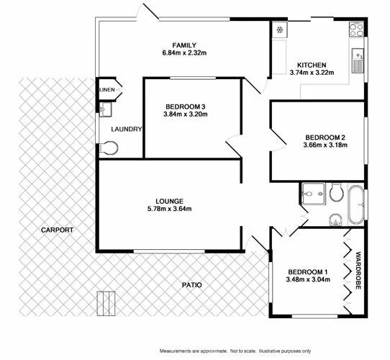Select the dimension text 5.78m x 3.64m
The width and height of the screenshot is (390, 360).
[x=169, y=210]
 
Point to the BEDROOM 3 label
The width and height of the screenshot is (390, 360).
[x=186, y=105]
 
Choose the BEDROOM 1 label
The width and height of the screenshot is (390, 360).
[x=307, y=271]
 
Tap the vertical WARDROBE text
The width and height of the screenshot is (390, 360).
[x=358, y=269]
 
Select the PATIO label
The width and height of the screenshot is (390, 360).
[x=191, y=285]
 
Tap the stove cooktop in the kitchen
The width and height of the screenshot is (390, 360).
[x=356, y=30]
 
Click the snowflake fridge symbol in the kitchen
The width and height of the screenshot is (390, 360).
[x=278, y=30]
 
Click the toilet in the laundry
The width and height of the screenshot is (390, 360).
[x=109, y=148]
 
